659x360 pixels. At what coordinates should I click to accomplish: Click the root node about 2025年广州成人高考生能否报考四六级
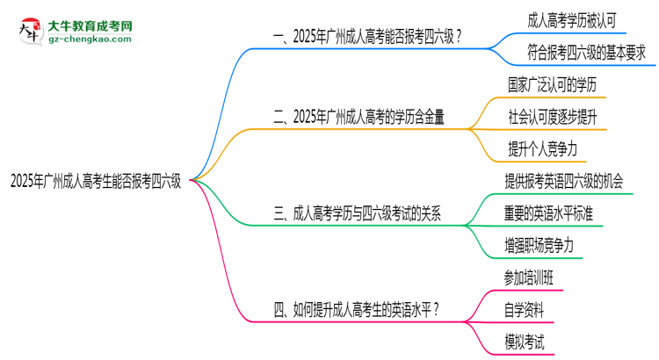[96, 182]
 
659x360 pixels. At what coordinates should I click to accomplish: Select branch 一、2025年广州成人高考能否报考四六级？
[369, 37]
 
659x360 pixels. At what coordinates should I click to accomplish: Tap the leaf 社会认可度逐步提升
[553, 117]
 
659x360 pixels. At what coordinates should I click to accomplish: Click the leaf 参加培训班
[530, 278]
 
